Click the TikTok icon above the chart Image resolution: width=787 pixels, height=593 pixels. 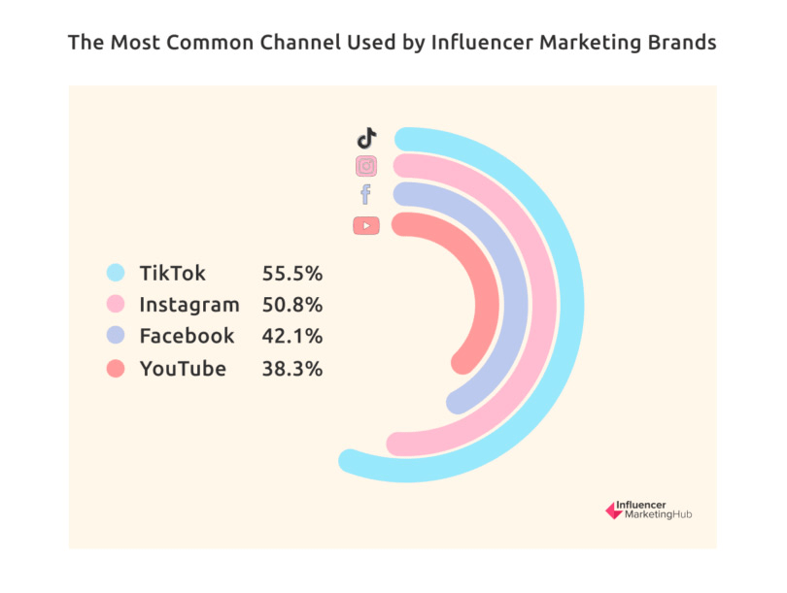click(366, 138)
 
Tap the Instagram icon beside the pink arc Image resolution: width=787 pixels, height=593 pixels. click(366, 166)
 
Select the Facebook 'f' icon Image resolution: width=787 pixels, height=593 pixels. click(365, 195)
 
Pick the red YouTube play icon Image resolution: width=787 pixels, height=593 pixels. click(366, 225)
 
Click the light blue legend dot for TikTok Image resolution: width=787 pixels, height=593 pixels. click(116, 274)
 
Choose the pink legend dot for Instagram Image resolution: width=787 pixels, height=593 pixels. click(116, 305)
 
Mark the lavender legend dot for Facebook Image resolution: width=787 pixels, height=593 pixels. click(116, 336)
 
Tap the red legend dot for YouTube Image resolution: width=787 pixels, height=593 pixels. click(116, 368)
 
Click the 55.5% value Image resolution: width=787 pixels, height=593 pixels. click(291, 274)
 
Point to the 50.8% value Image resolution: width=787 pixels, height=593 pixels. click(291, 305)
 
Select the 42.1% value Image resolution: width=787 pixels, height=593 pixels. click(291, 336)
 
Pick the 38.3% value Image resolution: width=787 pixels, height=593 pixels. click(291, 368)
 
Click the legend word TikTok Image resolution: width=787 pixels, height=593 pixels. click(172, 274)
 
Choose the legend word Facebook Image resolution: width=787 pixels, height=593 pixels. click(187, 336)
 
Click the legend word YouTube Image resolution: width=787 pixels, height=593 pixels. click(182, 368)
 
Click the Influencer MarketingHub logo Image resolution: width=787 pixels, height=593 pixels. click(648, 510)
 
